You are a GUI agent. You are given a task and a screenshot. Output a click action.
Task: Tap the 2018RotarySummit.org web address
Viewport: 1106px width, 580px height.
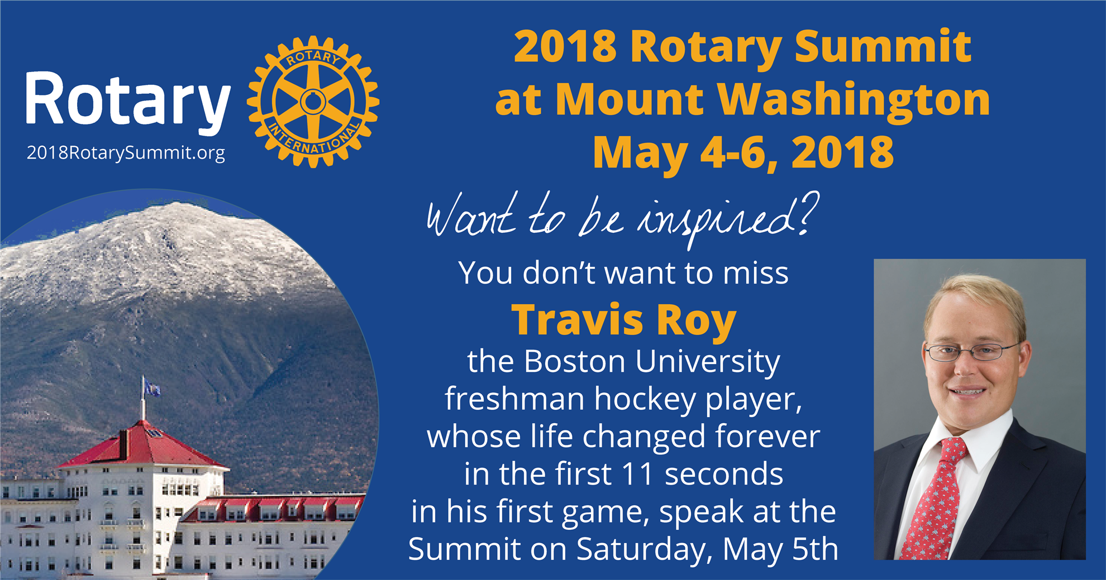pos(126,153)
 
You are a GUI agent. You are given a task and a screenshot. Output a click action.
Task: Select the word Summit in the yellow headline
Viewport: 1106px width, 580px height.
pos(883,47)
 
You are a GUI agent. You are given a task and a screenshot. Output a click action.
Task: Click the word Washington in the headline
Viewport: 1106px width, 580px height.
pos(854,100)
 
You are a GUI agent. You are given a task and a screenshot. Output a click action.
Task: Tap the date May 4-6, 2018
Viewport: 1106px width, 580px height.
pos(743,152)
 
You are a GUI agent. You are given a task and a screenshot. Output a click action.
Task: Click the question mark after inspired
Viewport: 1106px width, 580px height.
pos(808,213)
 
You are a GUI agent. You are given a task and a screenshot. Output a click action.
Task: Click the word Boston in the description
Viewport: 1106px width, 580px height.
pos(575,362)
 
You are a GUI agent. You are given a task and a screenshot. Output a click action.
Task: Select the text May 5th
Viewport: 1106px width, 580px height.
pos(780,550)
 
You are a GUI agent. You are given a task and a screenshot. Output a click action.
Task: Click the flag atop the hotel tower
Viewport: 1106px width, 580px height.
pos(151,387)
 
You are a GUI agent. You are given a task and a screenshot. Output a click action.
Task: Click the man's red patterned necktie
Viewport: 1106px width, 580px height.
pos(935,498)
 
